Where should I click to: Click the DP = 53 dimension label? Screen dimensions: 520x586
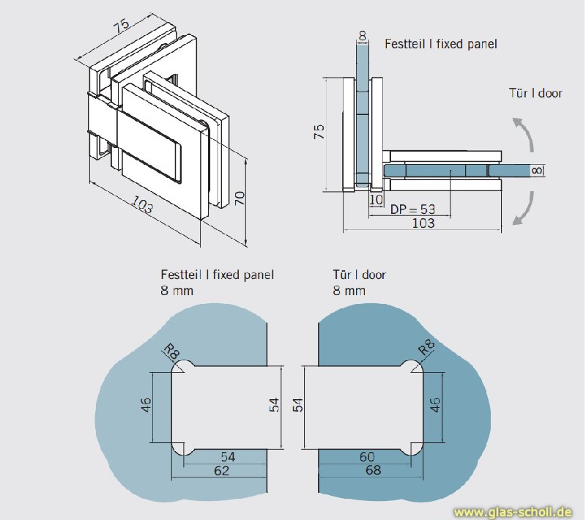point(412,209)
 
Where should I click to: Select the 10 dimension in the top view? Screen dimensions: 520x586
point(377,199)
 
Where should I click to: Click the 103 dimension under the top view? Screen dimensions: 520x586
point(423,223)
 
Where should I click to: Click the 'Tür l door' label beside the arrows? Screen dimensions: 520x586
point(535,93)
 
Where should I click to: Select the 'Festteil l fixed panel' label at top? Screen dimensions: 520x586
point(441,44)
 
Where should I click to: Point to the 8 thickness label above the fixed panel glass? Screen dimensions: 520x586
point(363,34)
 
